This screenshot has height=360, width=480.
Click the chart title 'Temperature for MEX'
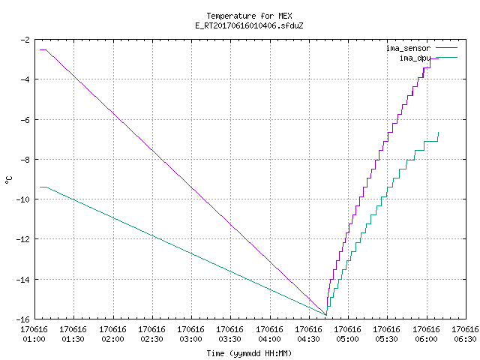pos(249,16)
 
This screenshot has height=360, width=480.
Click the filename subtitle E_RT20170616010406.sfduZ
pos(249,25)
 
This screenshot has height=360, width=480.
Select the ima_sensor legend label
pos(408,48)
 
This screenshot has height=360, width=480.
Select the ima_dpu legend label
pos(415,58)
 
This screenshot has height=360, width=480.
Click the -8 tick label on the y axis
pos(25,160)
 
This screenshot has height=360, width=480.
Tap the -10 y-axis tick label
pos(23,199)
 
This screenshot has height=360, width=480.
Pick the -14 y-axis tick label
pos(23,280)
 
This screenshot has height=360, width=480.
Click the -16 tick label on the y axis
pos(23,319)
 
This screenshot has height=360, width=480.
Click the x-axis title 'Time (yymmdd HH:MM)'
pos(249,353)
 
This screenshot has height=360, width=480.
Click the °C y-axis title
pos(9,180)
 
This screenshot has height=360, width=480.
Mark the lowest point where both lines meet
pos(326,315)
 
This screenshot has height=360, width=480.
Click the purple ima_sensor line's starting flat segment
pos(43,49)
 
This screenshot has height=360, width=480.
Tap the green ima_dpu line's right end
pos(438,132)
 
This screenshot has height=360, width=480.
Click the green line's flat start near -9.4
pos(43,187)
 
